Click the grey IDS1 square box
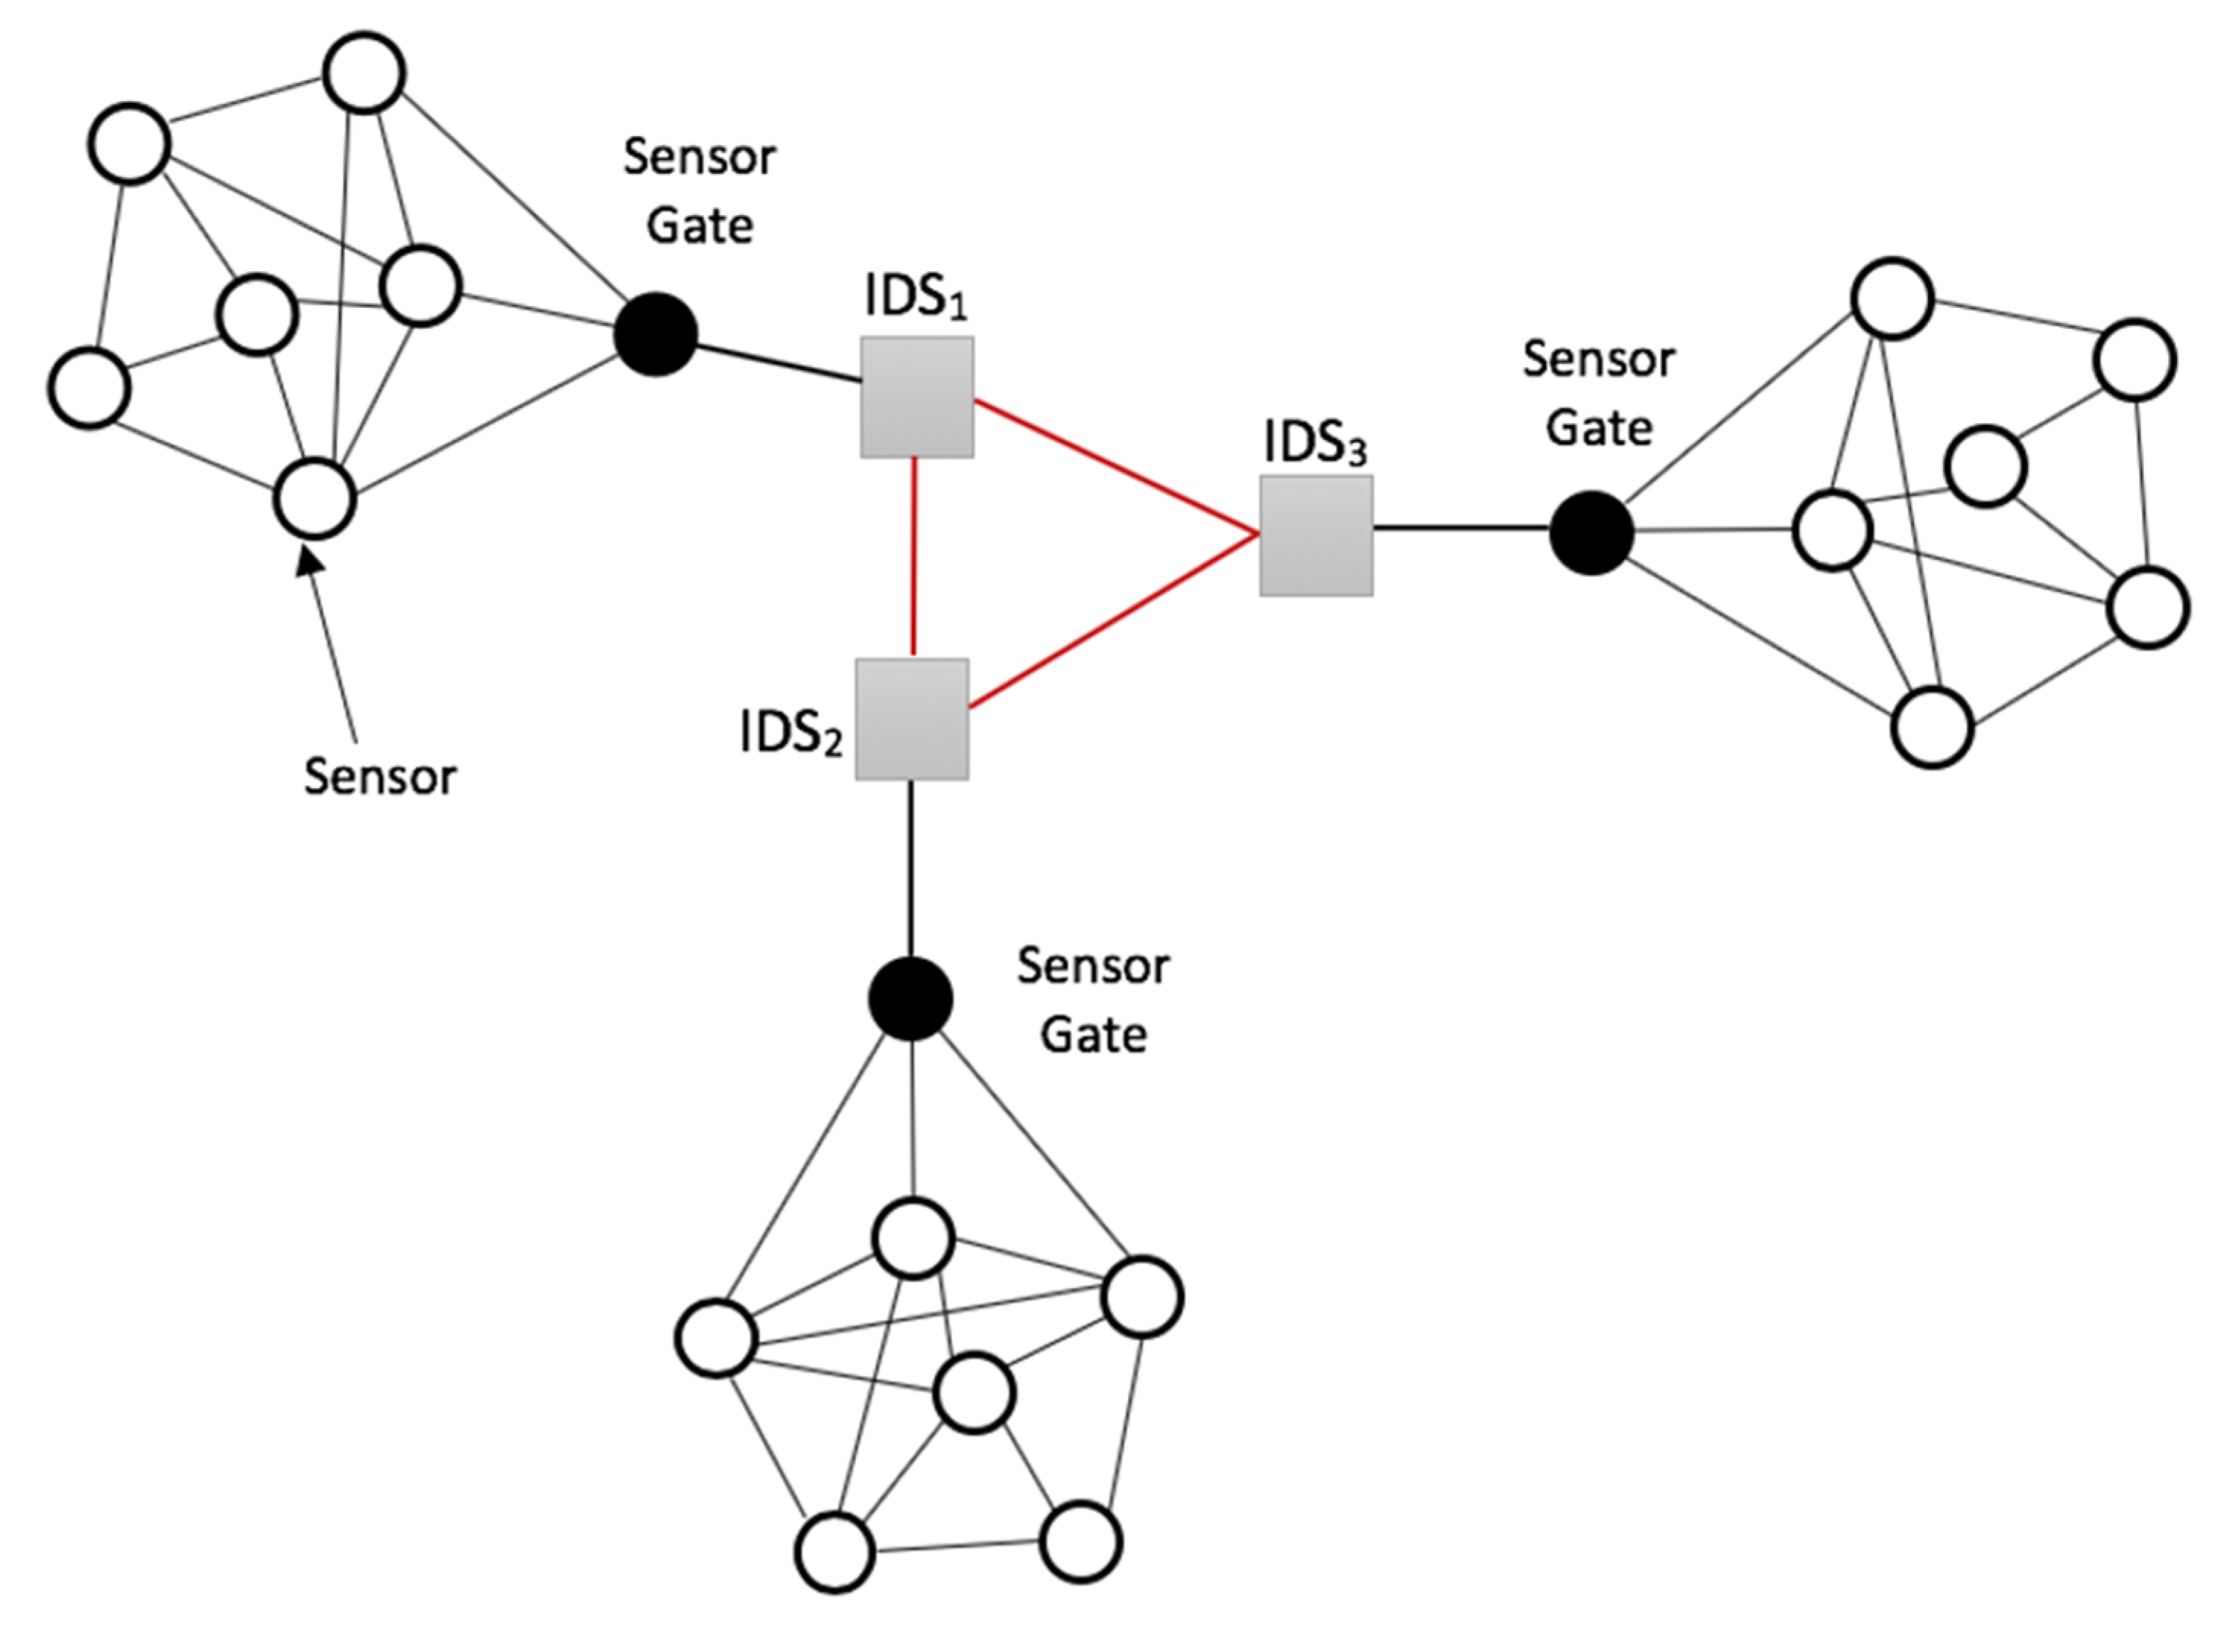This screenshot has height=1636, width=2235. click(916, 397)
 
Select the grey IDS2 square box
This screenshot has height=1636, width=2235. click(911, 719)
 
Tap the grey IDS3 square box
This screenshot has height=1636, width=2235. click(1316, 536)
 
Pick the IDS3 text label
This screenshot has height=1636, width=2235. click(1314, 444)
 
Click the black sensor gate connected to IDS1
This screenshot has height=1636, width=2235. click(655, 335)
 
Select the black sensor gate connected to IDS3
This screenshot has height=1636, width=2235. click(1590, 533)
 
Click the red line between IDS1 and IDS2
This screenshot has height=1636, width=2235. click(914, 558)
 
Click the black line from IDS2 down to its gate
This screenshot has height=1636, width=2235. click(911, 866)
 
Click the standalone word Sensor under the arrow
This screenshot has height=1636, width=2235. click(379, 777)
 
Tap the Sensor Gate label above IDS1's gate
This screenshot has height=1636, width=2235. click(699, 191)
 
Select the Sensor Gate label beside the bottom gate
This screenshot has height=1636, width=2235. click(1092, 1000)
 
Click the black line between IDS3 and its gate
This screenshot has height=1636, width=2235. click(1461, 529)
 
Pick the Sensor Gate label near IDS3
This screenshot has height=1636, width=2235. click(1598, 393)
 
